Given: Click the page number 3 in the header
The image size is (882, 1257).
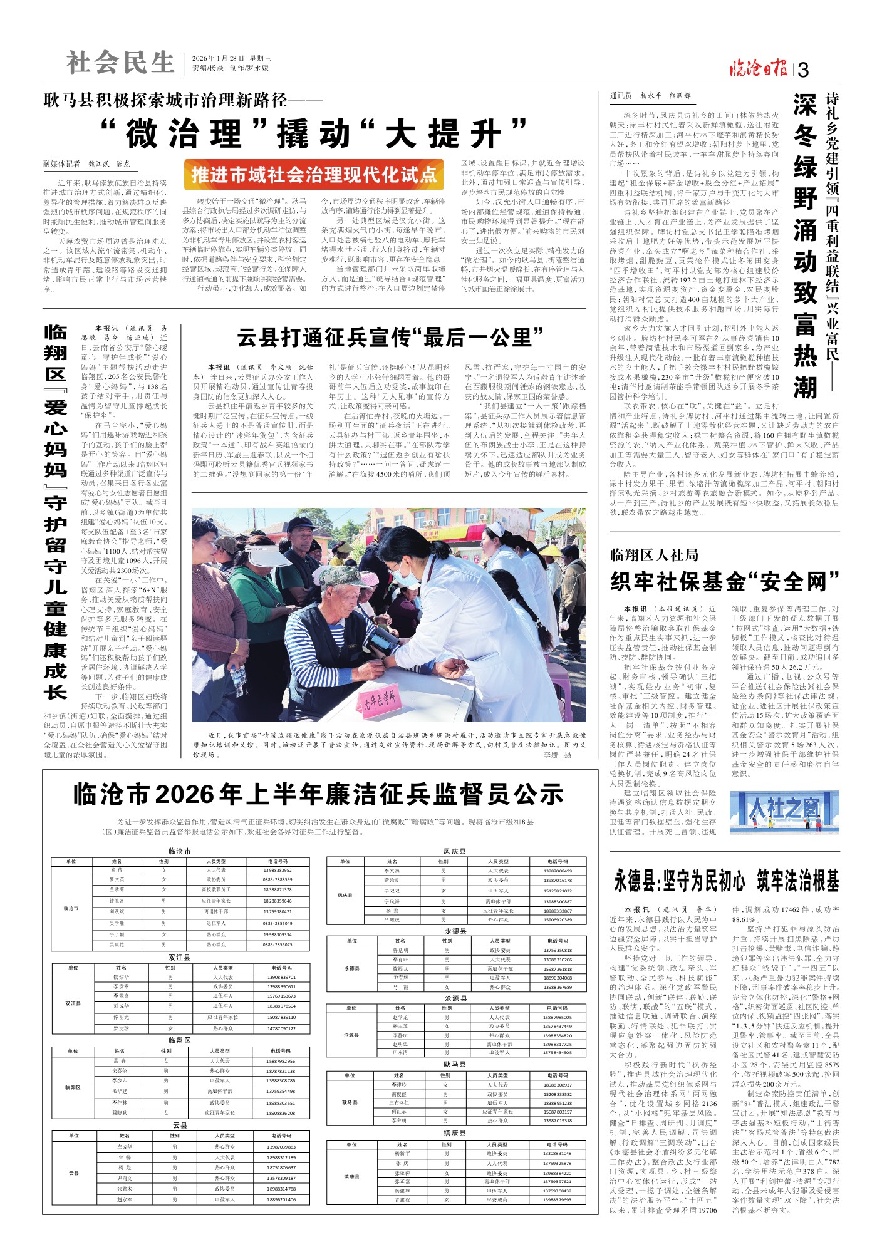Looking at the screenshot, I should pyautogui.click(x=803, y=70).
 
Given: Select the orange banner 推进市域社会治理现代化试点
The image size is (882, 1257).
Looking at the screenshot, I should pyautogui.click(x=314, y=175).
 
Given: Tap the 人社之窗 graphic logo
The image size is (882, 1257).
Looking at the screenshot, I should pyautogui.click(x=784, y=812).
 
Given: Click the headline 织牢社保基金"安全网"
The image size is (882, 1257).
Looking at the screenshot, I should pyautogui.click(x=725, y=582).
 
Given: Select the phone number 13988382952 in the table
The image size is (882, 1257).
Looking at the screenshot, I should pyautogui.click(x=278, y=871).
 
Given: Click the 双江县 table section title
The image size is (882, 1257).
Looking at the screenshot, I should pyautogui.click(x=179, y=958).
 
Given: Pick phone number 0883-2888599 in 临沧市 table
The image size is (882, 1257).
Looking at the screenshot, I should pyautogui.click(x=278, y=880).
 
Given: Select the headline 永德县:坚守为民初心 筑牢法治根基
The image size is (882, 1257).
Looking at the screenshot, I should pyautogui.click(x=726, y=881).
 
